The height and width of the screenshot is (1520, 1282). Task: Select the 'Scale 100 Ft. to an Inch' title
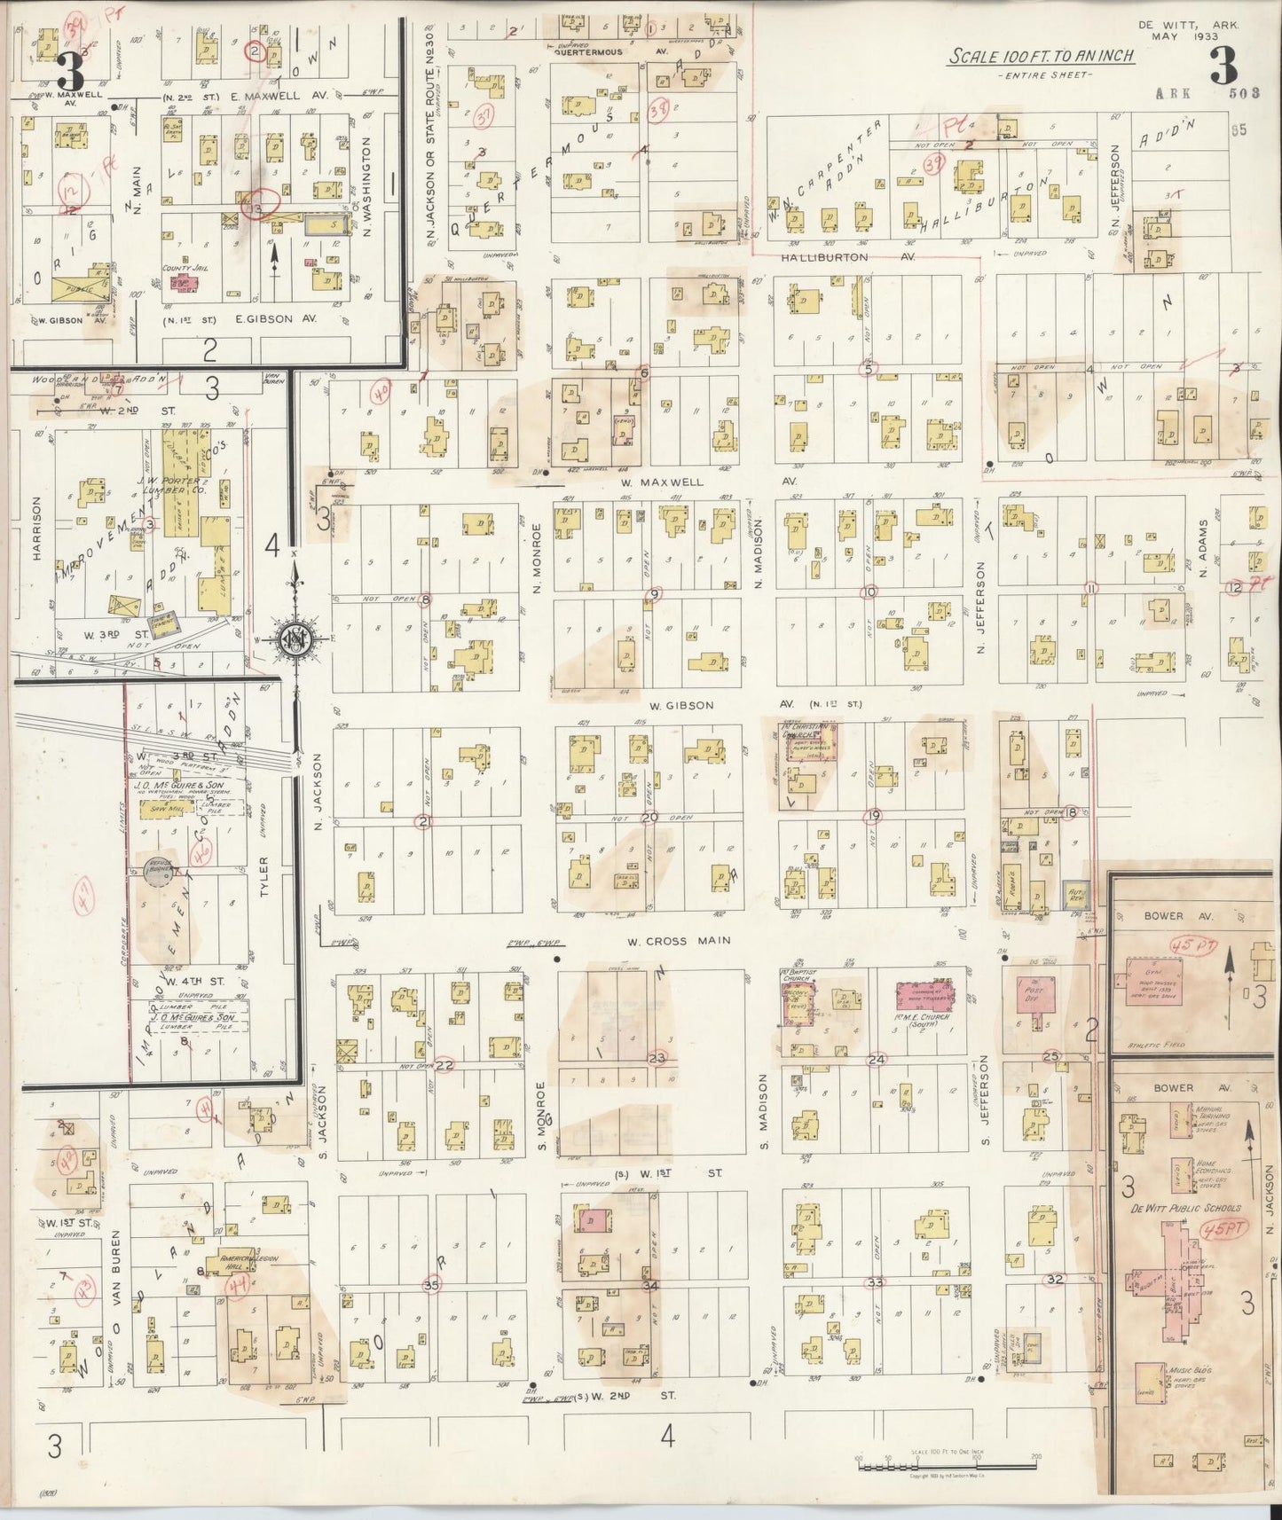1042,57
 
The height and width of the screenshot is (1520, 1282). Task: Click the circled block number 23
657,1058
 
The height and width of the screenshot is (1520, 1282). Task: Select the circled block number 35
432,1284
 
